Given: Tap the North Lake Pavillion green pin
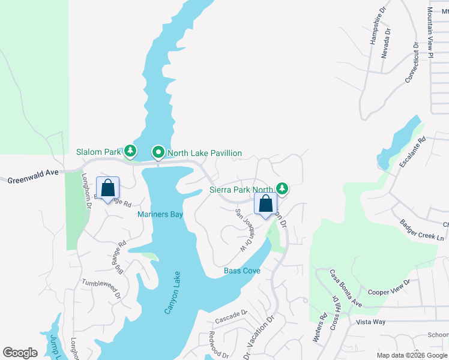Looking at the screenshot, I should tap(158, 153).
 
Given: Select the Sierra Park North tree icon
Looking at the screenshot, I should tap(282, 189).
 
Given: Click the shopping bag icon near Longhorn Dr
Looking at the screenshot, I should tap(107, 188).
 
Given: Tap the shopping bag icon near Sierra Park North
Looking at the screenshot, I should tap(265, 205).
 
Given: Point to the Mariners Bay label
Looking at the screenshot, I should tap(160, 214).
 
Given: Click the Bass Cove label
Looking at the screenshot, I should tap(242, 271).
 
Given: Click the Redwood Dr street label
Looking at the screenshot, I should tap(218, 345).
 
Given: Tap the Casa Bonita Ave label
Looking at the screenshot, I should tap(346, 289).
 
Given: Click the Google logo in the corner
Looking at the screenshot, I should tap(20, 353).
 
